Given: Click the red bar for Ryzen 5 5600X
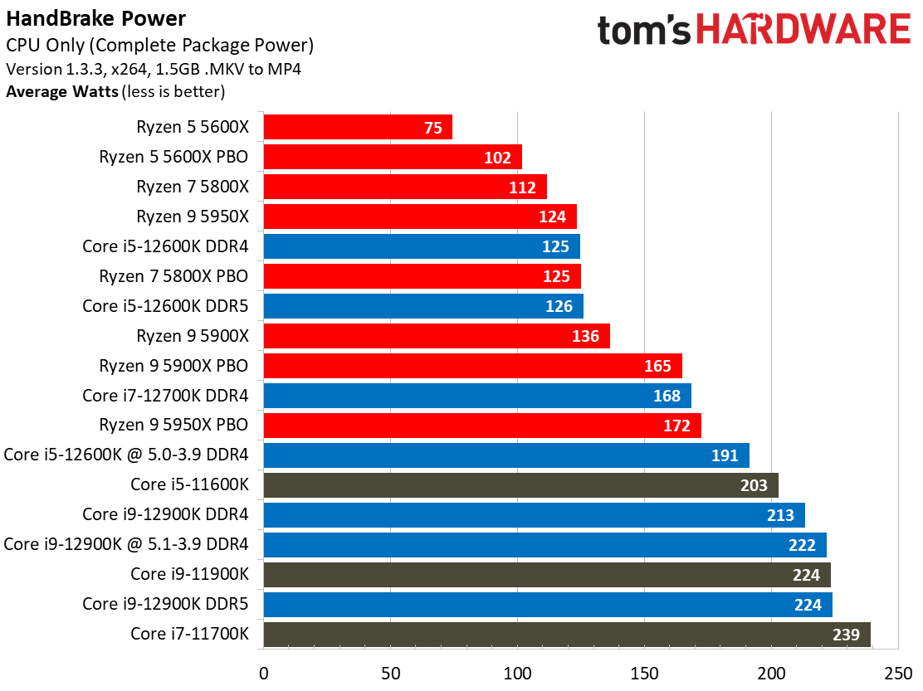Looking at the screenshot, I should pyautogui.click(x=357, y=127).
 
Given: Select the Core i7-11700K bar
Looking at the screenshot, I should pyautogui.click(x=566, y=635).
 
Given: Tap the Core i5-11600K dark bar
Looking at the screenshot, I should pyautogui.click(x=520, y=485).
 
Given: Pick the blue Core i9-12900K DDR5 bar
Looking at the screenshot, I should pyautogui.click(x=547, y=605).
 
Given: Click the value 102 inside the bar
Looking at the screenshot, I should pyautogui.click(x=497, y=158).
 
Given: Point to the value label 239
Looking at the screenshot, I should pyautogui.click(x=846, y=635).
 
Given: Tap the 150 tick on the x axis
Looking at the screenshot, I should pyautogui.click(x=644, y=671).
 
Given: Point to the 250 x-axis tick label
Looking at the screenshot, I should pyautogui.click(x=898, y=671).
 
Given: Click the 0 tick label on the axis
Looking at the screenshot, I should pyautogui.click(x=263, y=671).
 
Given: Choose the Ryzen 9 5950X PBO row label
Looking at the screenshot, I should pyautogui.click(x=173, y=426).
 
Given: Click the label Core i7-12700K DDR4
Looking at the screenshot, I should pyautogui.click(x=165, y=396).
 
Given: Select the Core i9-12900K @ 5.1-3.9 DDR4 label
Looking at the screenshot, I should pyautogui.click(x=126, y=545).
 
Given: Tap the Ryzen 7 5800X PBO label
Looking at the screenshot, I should pyautogui.click(x=173, y=276).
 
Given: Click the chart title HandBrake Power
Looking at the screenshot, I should pyautogui.click(x=96, y=18).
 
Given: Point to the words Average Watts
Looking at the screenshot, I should pyautogui.click(x=62, y=91).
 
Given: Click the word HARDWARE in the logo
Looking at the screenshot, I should pyautogui.click(x=803, y=31).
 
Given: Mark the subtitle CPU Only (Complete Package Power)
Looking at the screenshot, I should pyautogui.click(x=159, y=46).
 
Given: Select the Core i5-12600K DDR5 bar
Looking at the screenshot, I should pyautogui.click(x=422, y=306).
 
